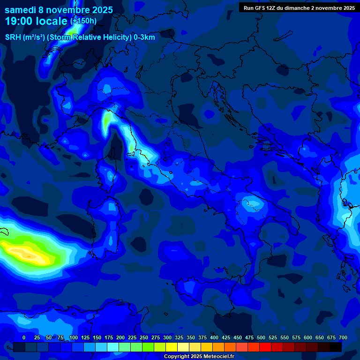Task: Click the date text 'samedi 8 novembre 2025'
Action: (x=59, y=10)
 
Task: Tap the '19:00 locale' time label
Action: (x=37, y=21)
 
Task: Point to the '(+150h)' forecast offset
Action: (x=83, y=21)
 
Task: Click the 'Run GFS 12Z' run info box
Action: (x=299, y=8)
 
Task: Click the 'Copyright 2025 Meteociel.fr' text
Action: (x=199, y=357)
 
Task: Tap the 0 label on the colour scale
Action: (x=24, y=337)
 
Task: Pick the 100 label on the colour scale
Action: (x=73, y=337)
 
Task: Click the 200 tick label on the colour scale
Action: (x=120, y=337)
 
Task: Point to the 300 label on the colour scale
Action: (x=167, y=337)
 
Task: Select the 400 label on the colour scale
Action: (x=214, y=337)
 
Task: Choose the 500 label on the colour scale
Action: (x=261, y=337)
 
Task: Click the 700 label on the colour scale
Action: (x=343, y=337)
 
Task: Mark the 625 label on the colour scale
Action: (x=320, y=337)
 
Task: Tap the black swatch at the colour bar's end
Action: (x=336, y=347)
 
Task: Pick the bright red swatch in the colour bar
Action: (x=265, y=347)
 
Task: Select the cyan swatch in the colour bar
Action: (x=113, y=347)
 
